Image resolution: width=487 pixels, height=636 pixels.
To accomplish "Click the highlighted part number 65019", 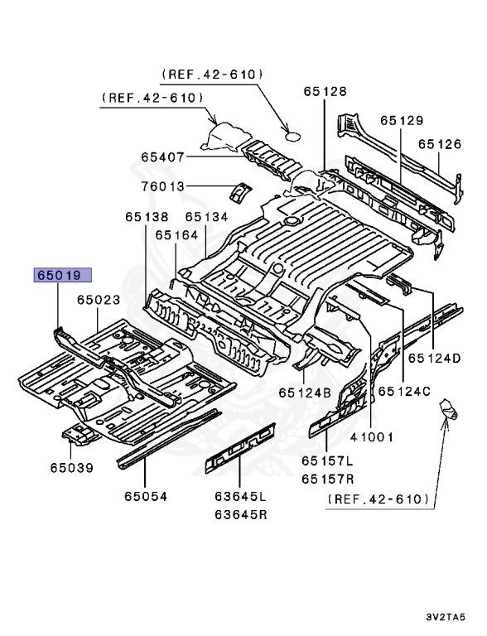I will pyautogui.click(x=61, y=276).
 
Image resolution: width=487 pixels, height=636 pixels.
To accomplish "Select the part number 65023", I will pyautogui.click(x=99, y=301).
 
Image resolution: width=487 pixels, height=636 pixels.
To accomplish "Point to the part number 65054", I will pyautogui.click(x=146, y=496).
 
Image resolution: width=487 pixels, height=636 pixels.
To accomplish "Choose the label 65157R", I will pyautogui.click(x=326, y=478).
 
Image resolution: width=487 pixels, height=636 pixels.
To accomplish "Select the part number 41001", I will pyautogui.click(x=371, y=436).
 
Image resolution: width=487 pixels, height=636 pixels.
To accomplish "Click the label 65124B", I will pyautogui.click(x=305, y=392).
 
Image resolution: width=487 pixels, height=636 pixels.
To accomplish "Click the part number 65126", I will pyautogui.click(x=439, y=143).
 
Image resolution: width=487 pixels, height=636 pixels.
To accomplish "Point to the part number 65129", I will pyautogui.click(x=402, y=120).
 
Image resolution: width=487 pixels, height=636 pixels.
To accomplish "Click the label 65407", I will pyautogui.click(x=162, y=157).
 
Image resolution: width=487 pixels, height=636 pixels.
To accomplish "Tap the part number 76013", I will pyautogui.click(x=162, y=186).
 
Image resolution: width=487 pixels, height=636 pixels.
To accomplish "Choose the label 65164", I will pyautogui.click(x=176, y=235).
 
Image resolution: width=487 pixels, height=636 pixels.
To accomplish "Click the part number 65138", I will pyautogui.click(x=147, y=217).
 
